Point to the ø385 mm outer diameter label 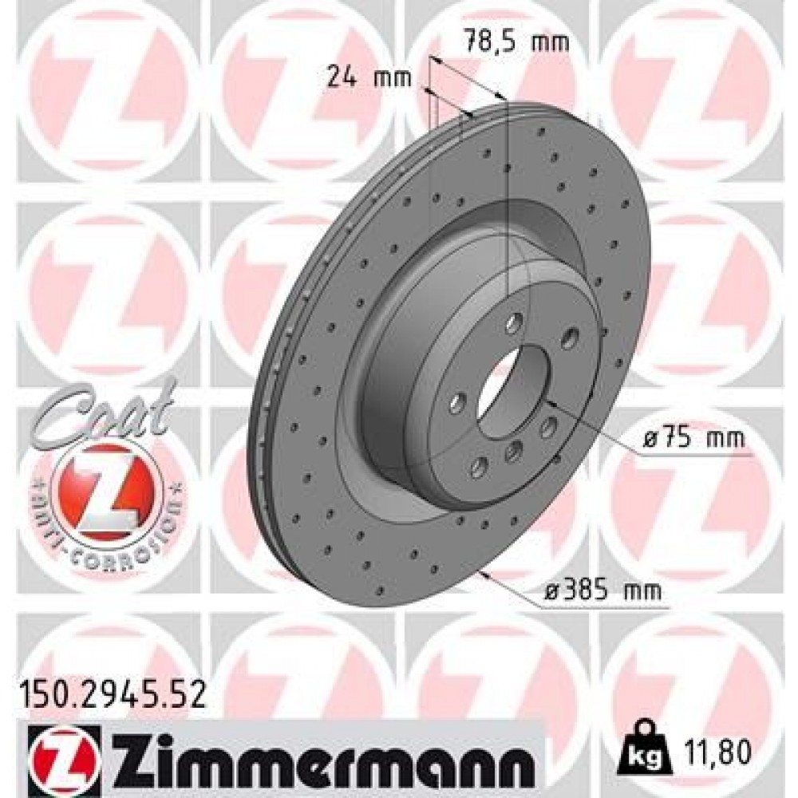[610, 591]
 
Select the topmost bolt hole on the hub [514, 323]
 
